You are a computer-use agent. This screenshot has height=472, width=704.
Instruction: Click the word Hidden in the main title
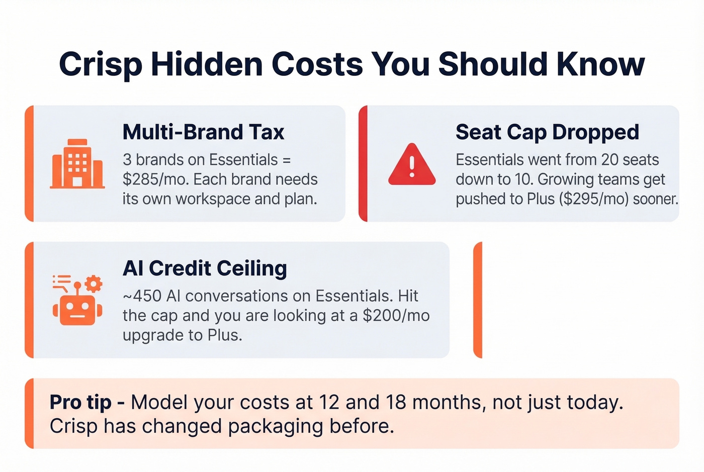tap(206, 64)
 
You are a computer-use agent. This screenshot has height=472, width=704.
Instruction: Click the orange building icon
tap(77, 164)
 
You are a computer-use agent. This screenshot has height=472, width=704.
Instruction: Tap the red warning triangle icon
tap(412, 165)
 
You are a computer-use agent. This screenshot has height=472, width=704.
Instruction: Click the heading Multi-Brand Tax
tap(203, 132)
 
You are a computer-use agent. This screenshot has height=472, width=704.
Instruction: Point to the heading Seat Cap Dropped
tap(547, 132)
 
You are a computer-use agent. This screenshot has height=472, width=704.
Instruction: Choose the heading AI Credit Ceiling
tap(205, 268)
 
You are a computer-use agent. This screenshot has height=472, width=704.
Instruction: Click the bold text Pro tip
tap(80, 403)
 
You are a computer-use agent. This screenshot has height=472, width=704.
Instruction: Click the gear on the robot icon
tap(93, 284)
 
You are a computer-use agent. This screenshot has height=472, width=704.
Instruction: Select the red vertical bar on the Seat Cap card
tap(363, 164)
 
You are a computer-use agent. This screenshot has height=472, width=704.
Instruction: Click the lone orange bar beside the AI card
tap(478, 300)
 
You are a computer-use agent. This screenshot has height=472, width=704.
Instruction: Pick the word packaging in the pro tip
tap(276, 426)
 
